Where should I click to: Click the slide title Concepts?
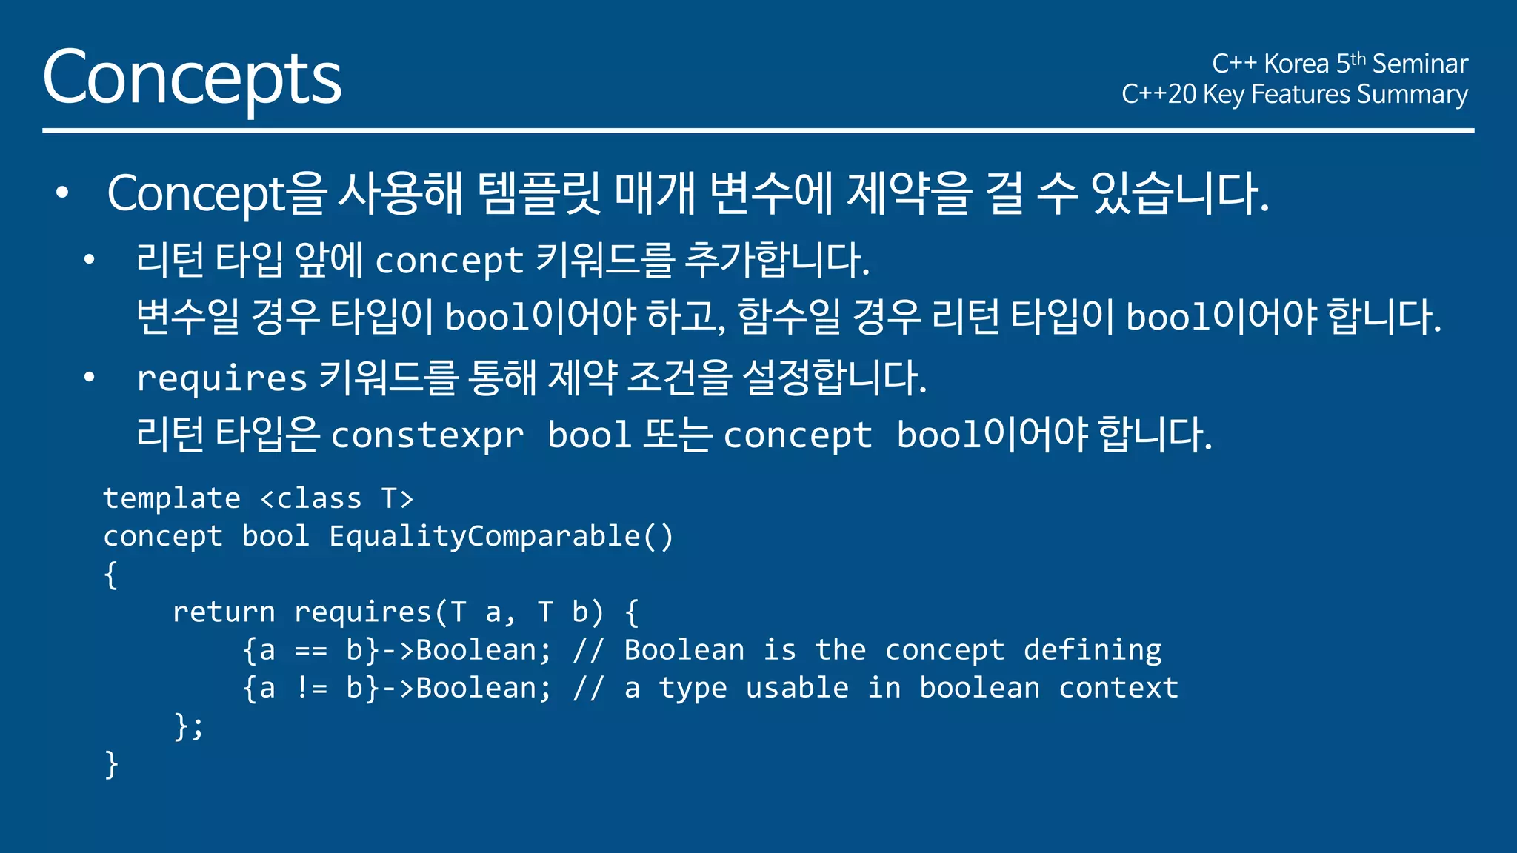click(192, 78)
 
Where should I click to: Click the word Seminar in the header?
click(1419, 64)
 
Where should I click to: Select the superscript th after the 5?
click(1358, 58)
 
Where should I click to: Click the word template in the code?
click(172, 498)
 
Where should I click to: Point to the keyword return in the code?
click(224, 612)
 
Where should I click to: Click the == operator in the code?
click(310, 651)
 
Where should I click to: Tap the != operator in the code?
click(310, 689)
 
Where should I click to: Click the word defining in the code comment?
click(1093, 650)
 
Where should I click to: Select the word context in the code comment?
click(1118, 689)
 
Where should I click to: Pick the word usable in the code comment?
click(797, 689)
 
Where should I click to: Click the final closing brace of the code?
click(111, 764)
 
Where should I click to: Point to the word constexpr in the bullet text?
click(427, 435)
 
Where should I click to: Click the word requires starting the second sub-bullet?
click(221, 378)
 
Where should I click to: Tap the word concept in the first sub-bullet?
click(450, 261)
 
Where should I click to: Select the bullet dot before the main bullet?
click(62, 193)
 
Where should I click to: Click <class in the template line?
click(311, 498)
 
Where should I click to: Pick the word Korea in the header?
click(1296, 64)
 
